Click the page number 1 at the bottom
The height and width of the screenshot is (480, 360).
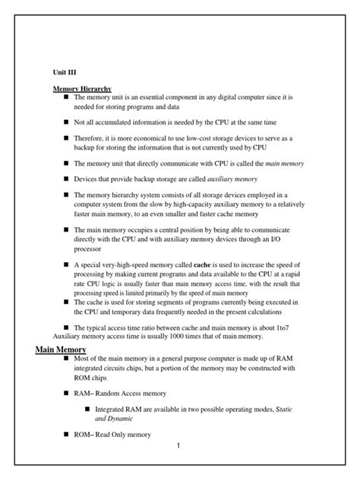(177, 444)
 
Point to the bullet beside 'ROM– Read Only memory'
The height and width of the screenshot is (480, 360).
(67, 434)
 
